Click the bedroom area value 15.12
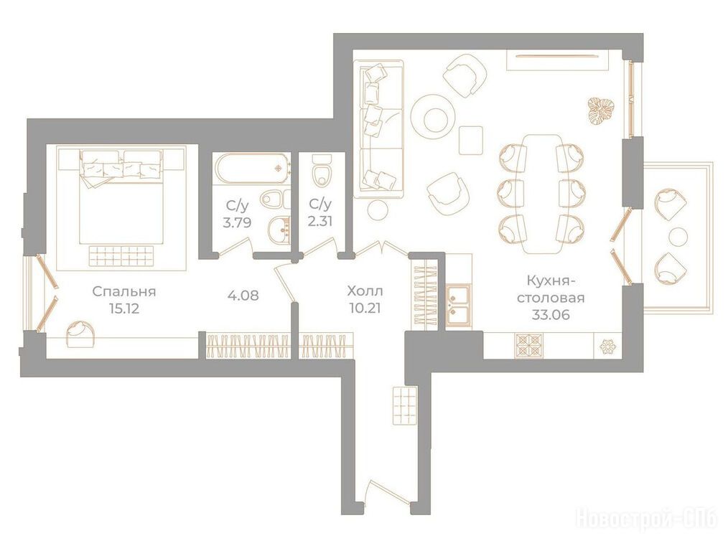pyautogui.click(x=124, y=309)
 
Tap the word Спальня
pyautogui.click(x=124, y=292)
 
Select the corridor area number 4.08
pyautogui.click(x=243, y=295)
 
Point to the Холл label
pyautogui.click(x=365, y=291)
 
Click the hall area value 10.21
pyautogui.click(x=366, y=308)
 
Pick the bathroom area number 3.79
pyautogui.click(x=237, y=222)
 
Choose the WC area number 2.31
pyautogui.click(x=320, y=220)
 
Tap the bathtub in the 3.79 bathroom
pyautogui.click(x=251, y=169)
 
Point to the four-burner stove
pyautogui.click(x=528, y=346)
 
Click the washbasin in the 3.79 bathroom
pyautogui.click(x=279, y=229)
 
